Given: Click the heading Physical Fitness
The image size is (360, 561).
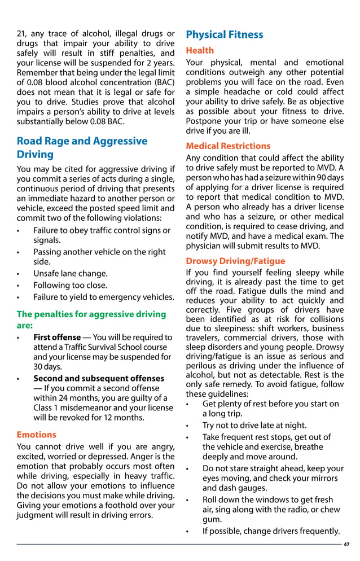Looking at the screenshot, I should (x=225, y=35).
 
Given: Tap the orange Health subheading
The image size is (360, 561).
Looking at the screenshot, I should (x=200, y=51).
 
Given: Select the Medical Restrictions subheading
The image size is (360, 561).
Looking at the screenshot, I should (x=228, y=146).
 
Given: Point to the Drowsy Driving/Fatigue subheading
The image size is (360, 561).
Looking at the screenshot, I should (x=235, y=261).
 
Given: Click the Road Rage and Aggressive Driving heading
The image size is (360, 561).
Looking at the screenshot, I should (x=82, y=148).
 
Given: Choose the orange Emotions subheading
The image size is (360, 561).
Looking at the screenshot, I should (x=37, y=435).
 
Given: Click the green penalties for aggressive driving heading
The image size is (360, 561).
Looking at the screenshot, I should (x=91, y=320).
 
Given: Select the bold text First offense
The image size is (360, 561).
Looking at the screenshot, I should (x=57, y=338).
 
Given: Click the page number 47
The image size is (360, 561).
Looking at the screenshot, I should (x=346, y=544).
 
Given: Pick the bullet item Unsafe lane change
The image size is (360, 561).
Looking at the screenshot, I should (x=71, y=274).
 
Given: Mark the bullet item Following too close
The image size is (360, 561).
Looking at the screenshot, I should (x=70, y=286).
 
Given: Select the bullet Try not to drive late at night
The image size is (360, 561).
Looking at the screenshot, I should (x=254, y=426).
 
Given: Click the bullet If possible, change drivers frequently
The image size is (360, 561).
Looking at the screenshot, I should (x=271, y=531).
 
